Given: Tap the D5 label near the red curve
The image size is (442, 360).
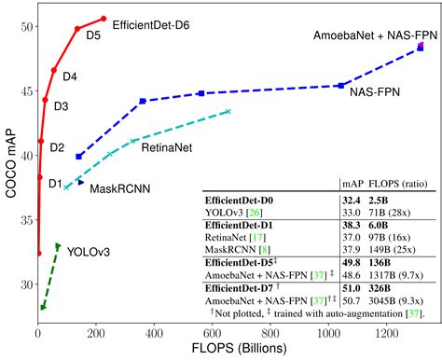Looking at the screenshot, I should (93, 36).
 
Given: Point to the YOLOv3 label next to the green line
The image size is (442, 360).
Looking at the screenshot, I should (91, 252).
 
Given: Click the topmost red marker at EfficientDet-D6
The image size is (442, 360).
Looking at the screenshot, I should (104, 19).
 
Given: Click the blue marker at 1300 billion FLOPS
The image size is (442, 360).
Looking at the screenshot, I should (421, 46).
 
